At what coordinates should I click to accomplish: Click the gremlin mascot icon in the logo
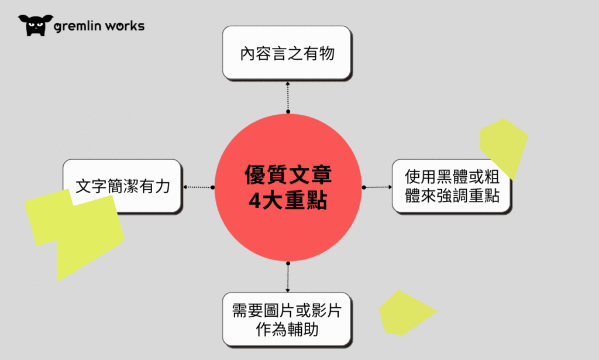click(x=36, y=25)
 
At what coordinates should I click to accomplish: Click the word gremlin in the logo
click(x=81, y=26)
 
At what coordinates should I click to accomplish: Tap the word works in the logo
click(x=126, y=26)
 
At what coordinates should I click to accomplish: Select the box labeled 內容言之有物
click(x=287, y=53)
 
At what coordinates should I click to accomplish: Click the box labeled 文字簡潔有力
click(x=123, y=186)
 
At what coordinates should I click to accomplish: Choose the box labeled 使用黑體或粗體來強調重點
click(x=452, y=186)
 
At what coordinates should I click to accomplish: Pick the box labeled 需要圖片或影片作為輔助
click(x=287, y=320)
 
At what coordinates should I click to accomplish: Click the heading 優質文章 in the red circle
click(x=288, y=176)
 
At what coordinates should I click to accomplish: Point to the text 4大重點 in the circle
click(x=288, y=200)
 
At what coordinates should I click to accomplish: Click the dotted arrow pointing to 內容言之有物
click(x=288, y=97)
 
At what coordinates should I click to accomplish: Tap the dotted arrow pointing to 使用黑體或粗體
click(x=377, y=187)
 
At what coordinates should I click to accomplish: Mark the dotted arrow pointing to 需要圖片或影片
click(x=288, y=277)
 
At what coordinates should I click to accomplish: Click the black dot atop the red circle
click(x=288, y=111)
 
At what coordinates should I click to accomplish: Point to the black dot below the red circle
click(x=288, y=263)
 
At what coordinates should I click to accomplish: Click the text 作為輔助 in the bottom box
click(x=287, y=329)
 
